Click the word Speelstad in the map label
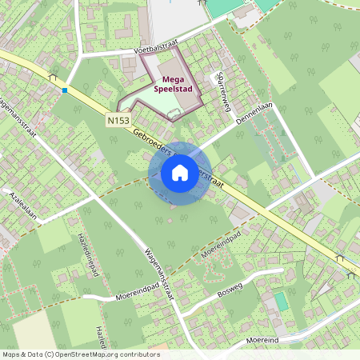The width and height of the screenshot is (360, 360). [172, 90]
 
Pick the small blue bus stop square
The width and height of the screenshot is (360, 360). [65, 90]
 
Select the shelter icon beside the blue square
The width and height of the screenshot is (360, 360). [54, 78]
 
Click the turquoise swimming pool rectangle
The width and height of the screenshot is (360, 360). [281, 302]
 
